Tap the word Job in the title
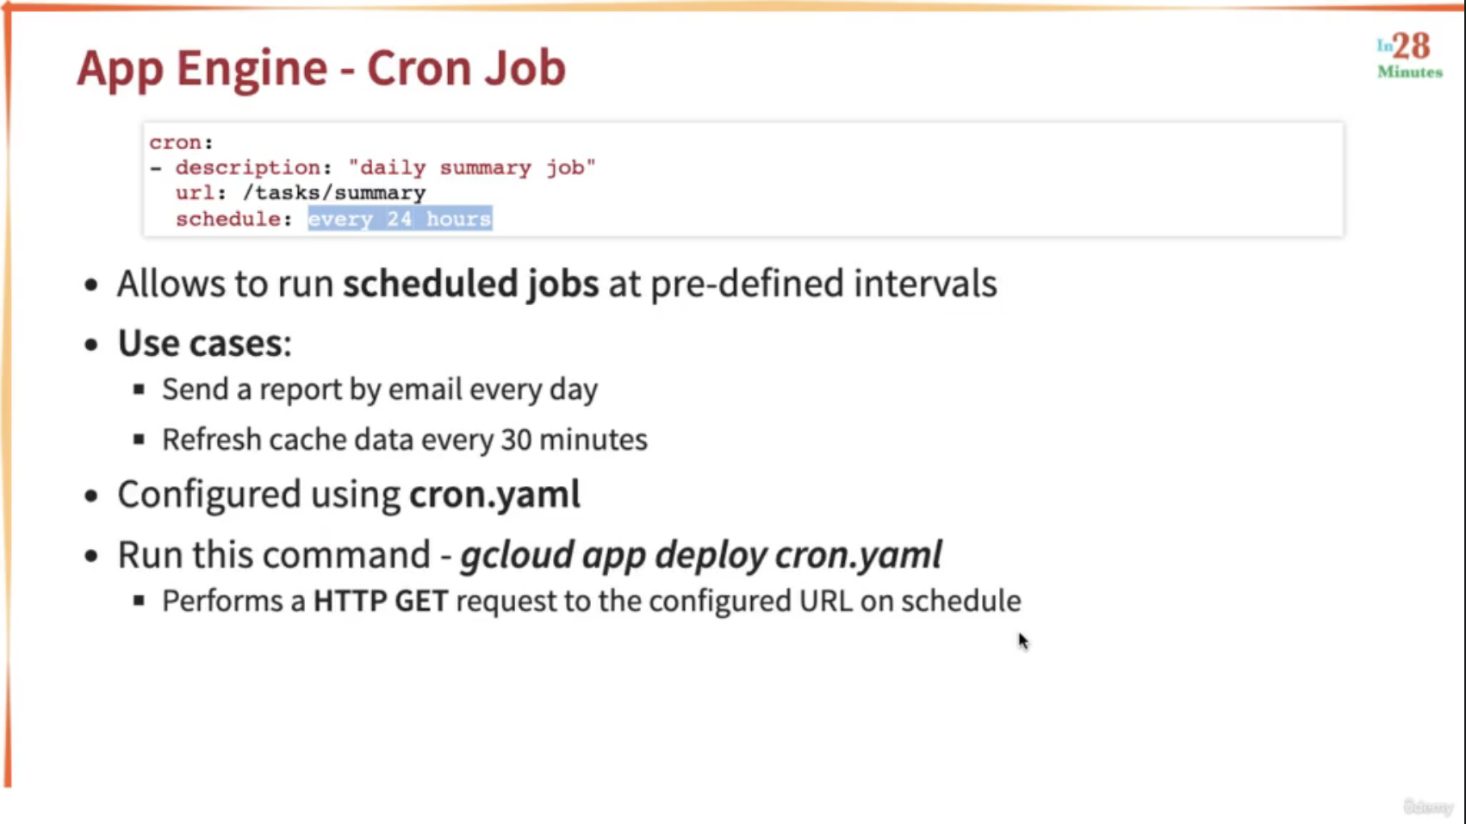coord(525,67)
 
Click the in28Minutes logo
coord(1410,56)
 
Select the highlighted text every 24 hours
coord(400,219)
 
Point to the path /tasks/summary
coord(334,193)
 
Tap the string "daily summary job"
coord(472,168)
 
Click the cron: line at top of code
coord(181,142)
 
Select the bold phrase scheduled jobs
coord(470,284)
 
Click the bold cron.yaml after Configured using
coord(494,494)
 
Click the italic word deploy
coord(711,555)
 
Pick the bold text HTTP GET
coord(381,602)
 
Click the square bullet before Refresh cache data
coord(139,439)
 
